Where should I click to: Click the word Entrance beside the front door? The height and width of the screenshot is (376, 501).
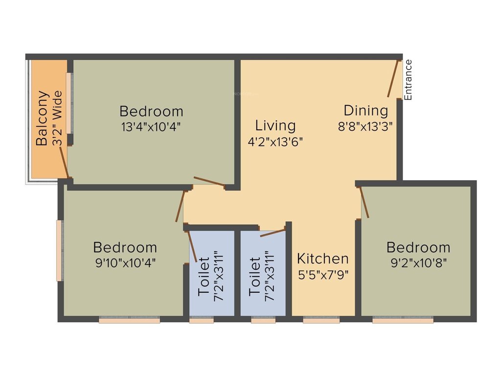[409, 80]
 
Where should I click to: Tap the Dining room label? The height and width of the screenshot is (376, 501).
[365, 111]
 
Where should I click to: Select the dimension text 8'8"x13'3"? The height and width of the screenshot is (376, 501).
[365, 125]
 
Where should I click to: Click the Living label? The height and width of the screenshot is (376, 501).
[275, 126]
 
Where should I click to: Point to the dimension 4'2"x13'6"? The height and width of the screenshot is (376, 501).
[275, 141]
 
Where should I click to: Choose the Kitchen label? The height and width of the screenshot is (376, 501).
[323, 258]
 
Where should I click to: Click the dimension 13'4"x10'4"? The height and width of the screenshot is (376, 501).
[151, 126]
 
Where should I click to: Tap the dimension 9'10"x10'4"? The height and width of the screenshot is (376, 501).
[125, 262]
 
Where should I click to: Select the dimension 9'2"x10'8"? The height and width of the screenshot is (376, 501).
[418, 261]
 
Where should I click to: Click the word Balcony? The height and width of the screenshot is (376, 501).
[43, 118]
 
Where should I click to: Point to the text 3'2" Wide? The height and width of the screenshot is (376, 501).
[58, 118]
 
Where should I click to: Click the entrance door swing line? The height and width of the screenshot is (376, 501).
[393, 78]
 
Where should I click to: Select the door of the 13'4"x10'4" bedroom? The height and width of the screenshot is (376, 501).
[209, 181]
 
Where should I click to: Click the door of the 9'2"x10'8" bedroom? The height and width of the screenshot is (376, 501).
[364, 202]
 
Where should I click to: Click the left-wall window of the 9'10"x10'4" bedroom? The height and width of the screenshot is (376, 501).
[59, 251]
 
